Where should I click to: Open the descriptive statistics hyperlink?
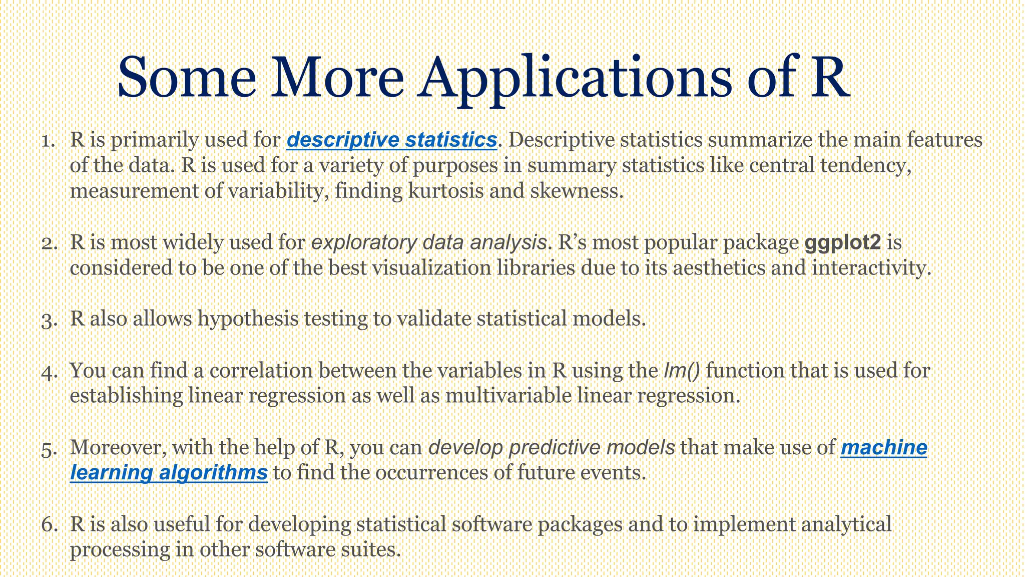392,140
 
